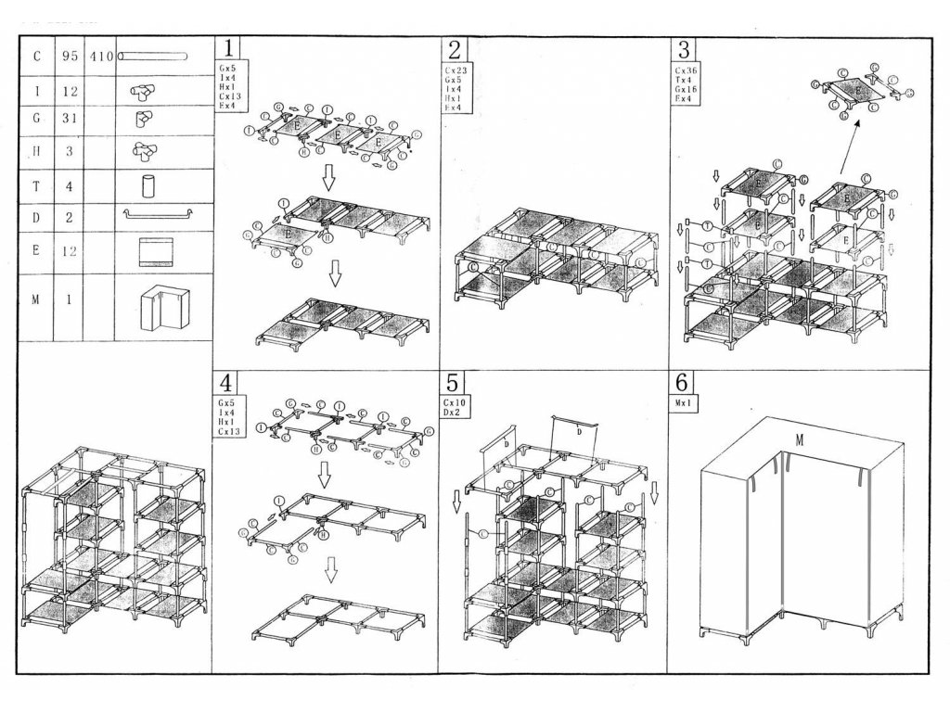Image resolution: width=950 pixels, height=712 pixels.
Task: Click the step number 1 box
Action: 228,49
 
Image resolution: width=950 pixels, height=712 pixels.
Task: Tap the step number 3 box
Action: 685,49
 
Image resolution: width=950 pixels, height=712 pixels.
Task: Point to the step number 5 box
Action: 452,383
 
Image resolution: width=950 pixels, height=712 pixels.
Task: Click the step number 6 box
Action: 681,383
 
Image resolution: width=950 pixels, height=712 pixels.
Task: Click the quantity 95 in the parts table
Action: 70,57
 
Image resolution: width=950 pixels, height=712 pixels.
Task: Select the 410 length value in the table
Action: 100,57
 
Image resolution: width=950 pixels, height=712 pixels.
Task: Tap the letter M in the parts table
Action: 36,299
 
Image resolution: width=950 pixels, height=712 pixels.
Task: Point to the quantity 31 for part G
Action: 70,119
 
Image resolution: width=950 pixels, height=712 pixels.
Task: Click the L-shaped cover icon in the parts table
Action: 163,307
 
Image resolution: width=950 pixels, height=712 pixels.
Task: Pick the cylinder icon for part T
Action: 148,185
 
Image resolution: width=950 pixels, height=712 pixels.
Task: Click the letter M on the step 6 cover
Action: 798,440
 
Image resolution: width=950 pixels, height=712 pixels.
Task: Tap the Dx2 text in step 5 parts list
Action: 455,413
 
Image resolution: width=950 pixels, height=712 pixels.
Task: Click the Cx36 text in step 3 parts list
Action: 687,70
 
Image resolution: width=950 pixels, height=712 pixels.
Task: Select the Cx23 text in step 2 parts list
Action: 456,70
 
